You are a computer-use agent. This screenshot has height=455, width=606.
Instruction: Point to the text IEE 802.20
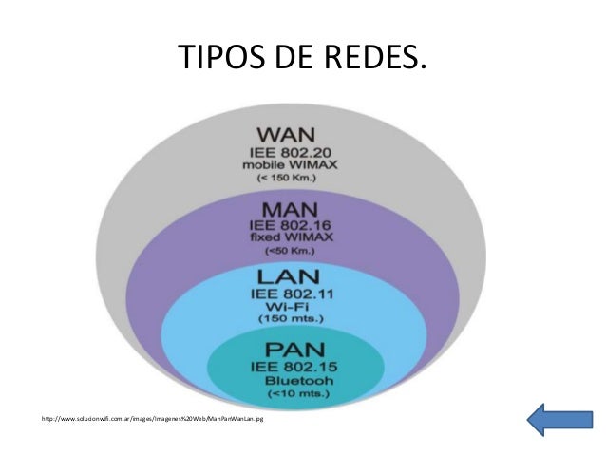click(292, 150)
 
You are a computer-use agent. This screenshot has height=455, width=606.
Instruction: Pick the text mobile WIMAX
click(292, 164)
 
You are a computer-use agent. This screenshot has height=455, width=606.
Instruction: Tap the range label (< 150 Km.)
click(292, 179)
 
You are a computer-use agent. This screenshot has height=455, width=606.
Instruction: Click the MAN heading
click(298, 206)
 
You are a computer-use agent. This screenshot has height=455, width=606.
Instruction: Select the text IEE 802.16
click(298, 225)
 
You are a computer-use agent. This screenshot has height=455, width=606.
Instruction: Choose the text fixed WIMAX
click(298, 238)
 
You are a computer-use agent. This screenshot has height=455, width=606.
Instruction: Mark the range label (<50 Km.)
click(298, 255)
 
